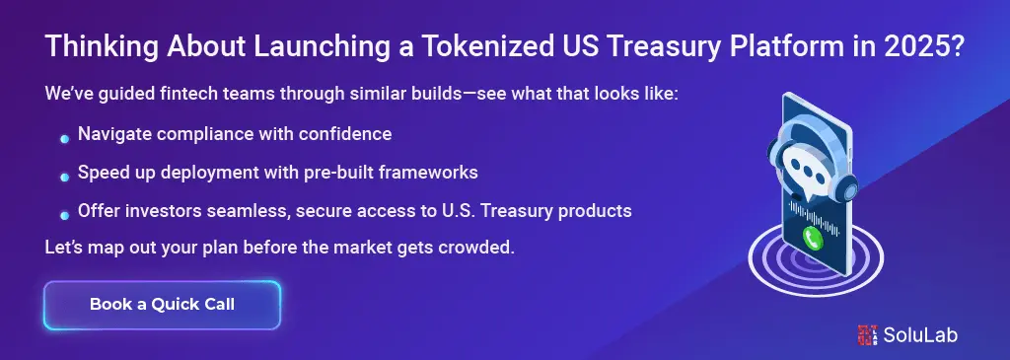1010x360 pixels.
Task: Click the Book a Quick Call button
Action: click(x=162, y=305)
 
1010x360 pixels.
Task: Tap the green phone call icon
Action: click(x=813, y=239)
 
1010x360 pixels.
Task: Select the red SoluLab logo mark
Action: click(x=867, y=335)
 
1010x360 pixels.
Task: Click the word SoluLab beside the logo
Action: click(x=920, y=335)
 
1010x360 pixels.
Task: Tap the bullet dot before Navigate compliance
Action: click(x=64, y=138)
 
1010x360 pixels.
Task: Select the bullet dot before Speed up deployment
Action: click(x=64, y=177)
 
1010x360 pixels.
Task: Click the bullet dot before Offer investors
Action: click(x=64, y=215)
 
